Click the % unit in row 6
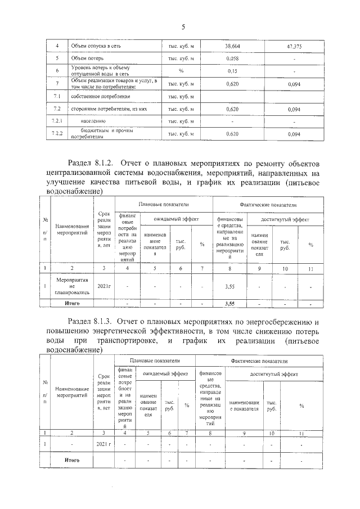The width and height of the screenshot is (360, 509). click(x=181, y=71)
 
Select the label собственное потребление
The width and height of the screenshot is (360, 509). click(x=93, y=97)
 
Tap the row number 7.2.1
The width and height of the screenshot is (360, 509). click(x=56, y=121)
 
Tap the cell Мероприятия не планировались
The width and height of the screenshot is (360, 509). click(x=72, y=286)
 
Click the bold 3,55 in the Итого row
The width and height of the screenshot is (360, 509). click(x=229, y=304)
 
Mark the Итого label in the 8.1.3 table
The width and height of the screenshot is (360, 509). click(x=71, y=460)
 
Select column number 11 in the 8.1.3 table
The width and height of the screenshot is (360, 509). click(x=301, y=433)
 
